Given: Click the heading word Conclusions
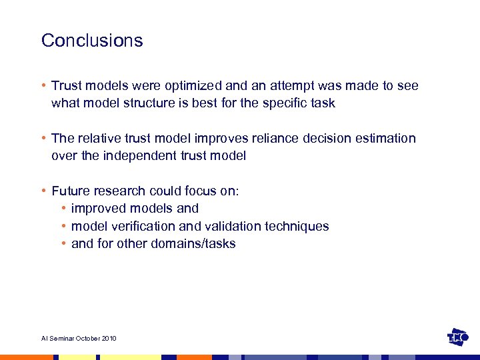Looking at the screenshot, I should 92,41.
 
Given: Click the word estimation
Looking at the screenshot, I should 388,139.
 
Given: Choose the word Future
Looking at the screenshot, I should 71,191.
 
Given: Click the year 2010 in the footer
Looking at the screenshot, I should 109,339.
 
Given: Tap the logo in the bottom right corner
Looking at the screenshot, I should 458,337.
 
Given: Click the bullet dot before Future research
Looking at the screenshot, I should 44,191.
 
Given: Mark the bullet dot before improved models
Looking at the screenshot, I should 64,209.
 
